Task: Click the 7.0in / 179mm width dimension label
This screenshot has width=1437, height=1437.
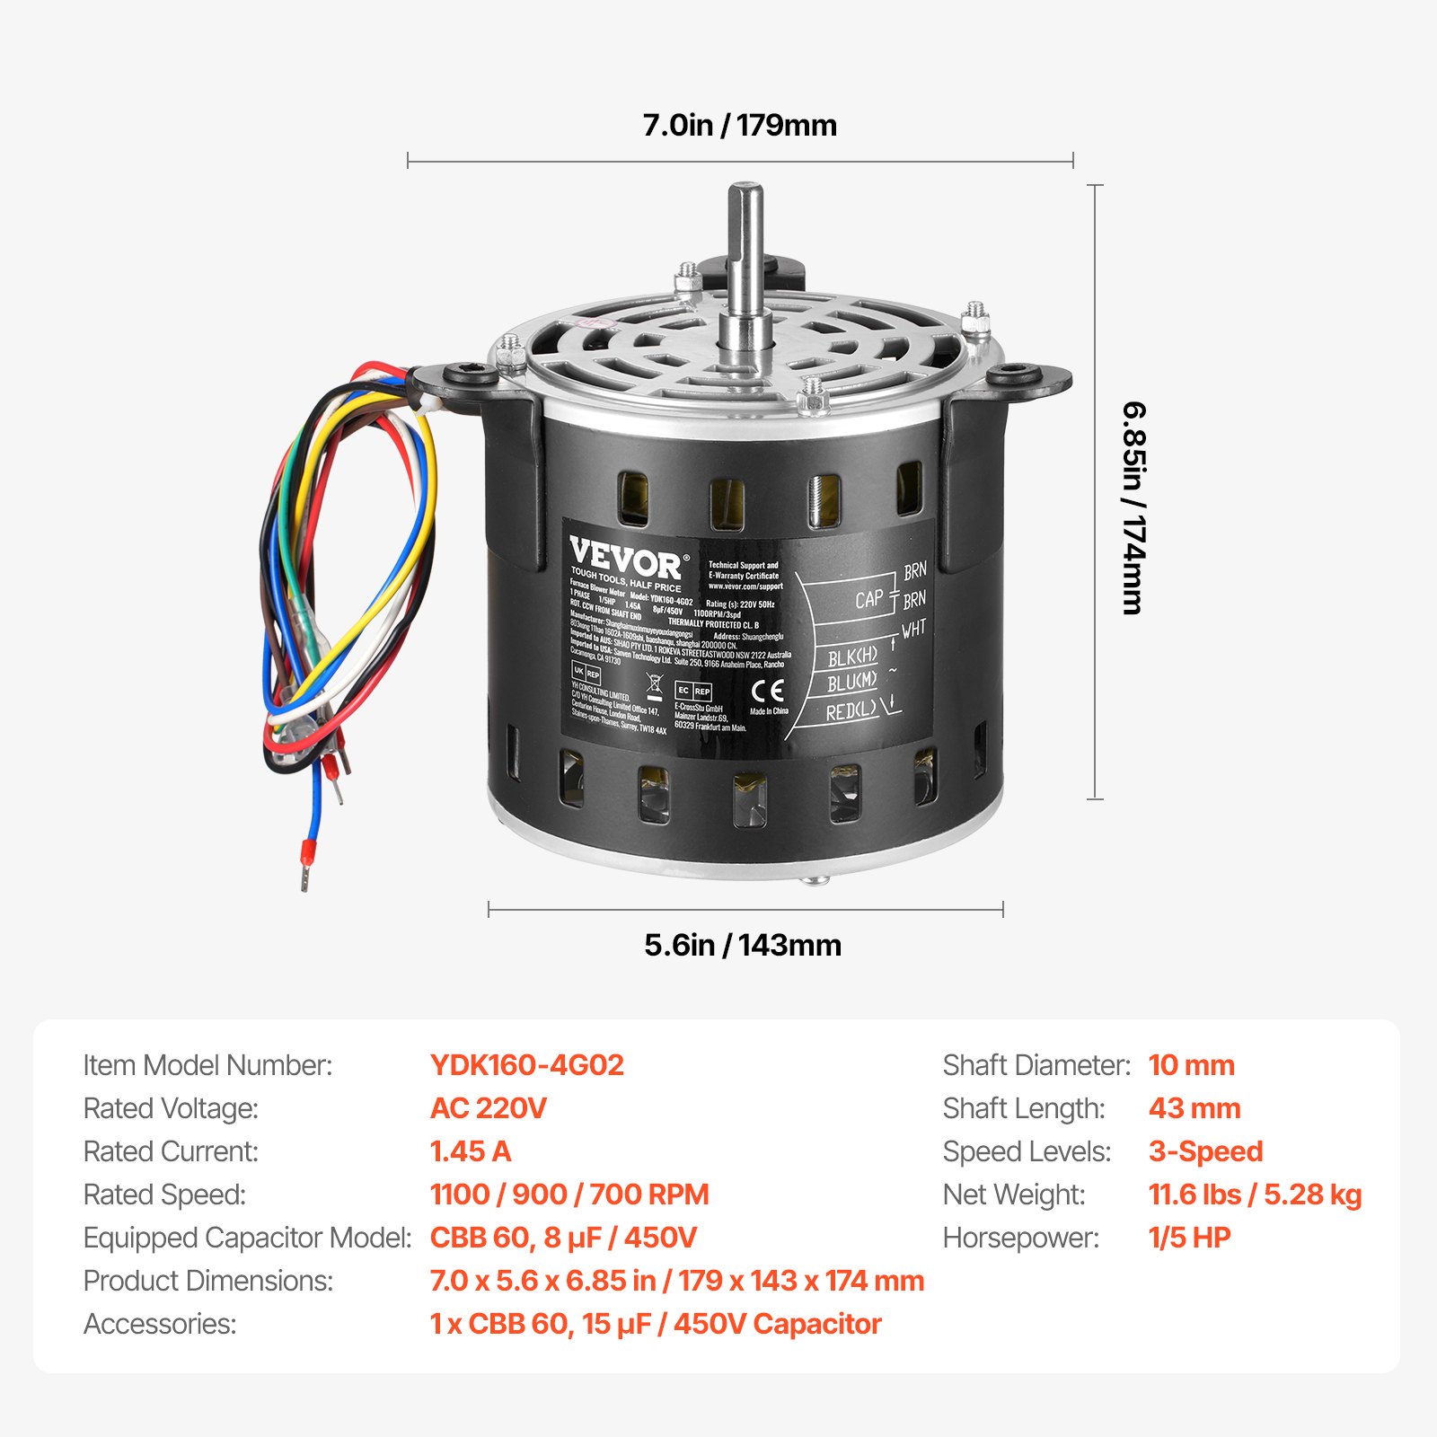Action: click(739, 125)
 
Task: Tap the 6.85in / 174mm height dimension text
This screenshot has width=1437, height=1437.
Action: click(1134, 507)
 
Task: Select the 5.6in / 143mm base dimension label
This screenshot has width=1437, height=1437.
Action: click(743, 945)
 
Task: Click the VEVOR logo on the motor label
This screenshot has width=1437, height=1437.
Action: click(626, 560)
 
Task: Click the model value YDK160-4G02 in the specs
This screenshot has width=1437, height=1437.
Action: click(527, 1065)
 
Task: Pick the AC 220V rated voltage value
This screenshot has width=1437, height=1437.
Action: click(489, 1108)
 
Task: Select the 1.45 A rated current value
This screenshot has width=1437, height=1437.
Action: click(471, 1151)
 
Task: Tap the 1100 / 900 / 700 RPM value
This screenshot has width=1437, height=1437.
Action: click(569, 1195)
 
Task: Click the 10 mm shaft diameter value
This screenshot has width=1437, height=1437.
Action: click(1192, 1065)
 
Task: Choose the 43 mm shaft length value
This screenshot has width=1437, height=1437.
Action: click(1195, 1108)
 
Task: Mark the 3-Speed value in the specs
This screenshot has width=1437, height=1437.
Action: click(1206, 1151)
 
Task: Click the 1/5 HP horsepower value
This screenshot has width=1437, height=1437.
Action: click(1190, 1238)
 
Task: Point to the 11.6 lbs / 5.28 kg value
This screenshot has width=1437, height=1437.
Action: click(1256, 1195)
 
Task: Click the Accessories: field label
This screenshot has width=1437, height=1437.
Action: click(160, 1324)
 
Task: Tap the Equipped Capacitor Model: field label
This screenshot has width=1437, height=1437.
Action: click(248, 1238)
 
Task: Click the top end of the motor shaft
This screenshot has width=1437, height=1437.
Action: click(745, 190)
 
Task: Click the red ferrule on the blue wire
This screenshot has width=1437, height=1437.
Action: click(304, 865)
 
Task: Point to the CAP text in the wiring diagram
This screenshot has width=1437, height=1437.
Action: click(868, 599)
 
